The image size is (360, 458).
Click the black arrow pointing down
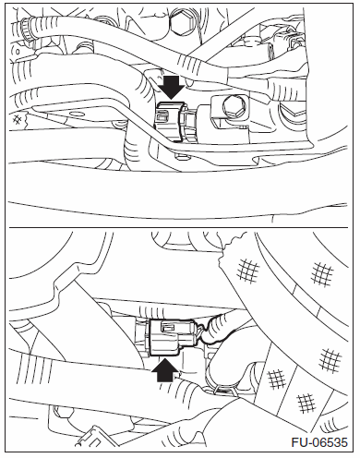(x=172, y=88)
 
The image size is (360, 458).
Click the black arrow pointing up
(x=165, y=369)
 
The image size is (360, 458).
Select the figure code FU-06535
(x=319, y=443)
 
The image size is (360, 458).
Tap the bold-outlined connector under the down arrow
(x=168, y=122)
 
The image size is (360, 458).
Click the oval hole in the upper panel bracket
(x=78, y=114)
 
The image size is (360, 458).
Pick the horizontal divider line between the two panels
(x=179, y=227)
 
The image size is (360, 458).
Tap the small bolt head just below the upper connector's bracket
(x=182, y=158)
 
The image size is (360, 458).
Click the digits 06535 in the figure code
(x=330, y=443)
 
